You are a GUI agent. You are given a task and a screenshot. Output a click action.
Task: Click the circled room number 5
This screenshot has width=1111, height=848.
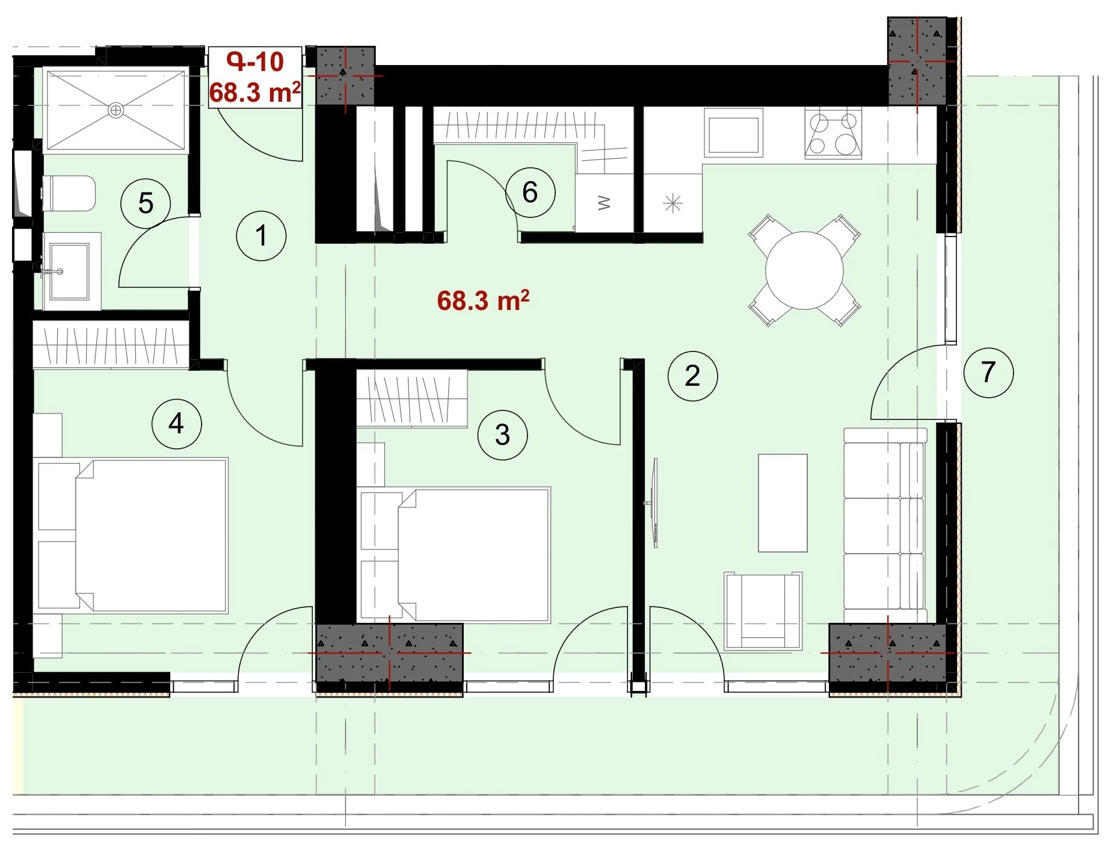pos(146,203)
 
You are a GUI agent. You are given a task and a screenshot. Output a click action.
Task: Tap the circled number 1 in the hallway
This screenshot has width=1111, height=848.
pos(261,235)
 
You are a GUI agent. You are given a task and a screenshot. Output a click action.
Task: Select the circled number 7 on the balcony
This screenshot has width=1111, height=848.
pos(988,372)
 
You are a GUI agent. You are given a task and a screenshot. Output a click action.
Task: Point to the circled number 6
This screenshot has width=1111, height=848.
pos(530,192)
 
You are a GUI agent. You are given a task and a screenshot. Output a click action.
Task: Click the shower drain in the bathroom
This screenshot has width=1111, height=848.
pos(115,110)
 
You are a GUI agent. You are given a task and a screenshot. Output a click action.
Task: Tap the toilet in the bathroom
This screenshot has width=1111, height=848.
pos(69,193)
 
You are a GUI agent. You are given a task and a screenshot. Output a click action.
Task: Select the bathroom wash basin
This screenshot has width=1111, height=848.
pos(69,271)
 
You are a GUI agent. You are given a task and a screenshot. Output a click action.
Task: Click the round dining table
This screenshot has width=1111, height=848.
pos(804,271)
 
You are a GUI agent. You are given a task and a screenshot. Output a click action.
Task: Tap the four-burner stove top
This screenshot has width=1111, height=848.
pos(833,134)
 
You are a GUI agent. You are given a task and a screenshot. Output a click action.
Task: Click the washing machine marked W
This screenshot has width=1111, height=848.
pos(605,203)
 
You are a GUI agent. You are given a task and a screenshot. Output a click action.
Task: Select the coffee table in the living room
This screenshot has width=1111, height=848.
pos(782,503)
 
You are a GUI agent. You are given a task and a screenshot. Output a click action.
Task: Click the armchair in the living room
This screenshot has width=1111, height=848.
pos(763,611)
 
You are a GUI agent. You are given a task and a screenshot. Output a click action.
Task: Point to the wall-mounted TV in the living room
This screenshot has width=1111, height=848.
pos(654,503)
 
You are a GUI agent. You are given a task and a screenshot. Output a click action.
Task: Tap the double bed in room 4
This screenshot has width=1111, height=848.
pos(133,535)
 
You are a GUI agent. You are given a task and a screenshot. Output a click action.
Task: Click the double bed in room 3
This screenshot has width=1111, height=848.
pos(455,554)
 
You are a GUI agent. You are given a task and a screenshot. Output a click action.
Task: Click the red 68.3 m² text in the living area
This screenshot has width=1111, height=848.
pos(483,300)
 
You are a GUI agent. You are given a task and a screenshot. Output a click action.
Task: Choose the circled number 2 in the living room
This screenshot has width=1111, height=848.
pos(692,376)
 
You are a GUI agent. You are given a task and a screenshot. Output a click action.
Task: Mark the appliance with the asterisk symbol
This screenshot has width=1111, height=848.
pos(672,203)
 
